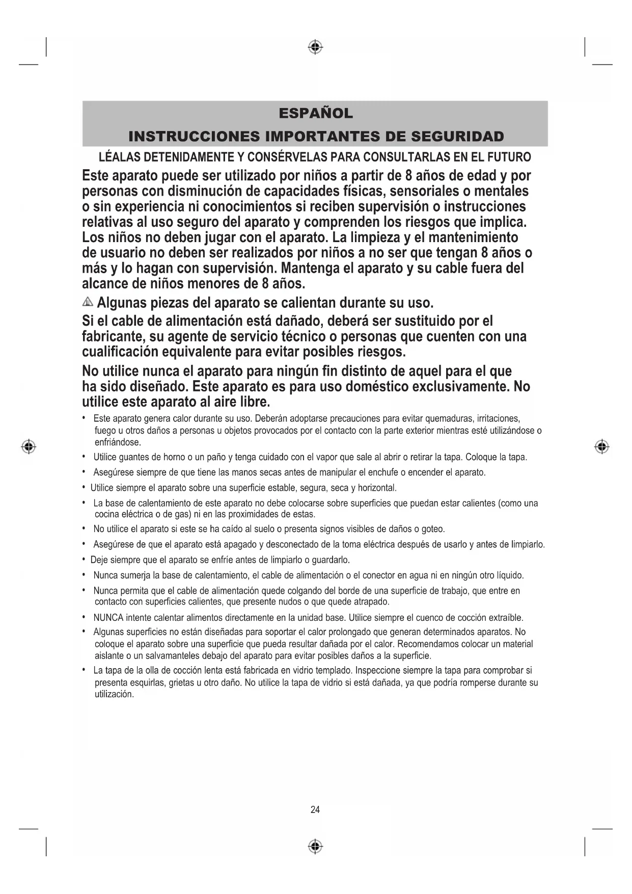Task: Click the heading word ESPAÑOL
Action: (315, 113)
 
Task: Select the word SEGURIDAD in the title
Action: (457, 137)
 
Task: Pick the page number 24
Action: (315, 809)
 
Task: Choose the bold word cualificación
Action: (120, 352)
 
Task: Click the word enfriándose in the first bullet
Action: (118, 442)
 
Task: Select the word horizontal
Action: (377, 488)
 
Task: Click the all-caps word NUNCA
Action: (108, 618)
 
